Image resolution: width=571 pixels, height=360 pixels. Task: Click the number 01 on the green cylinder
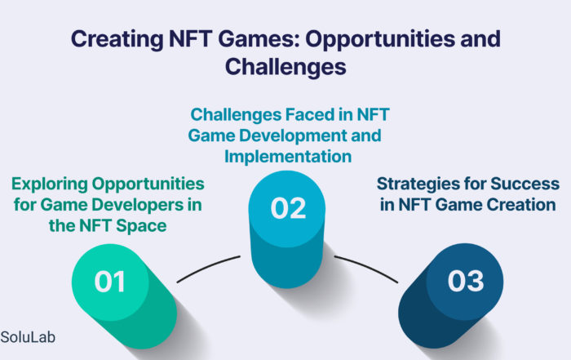[x=109, y=282]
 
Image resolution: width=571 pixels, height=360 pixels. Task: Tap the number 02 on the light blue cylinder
[x=288, y=208]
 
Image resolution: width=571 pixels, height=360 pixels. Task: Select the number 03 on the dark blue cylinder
[x=466, y=281]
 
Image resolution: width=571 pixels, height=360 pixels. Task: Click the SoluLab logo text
[x=28, y=337]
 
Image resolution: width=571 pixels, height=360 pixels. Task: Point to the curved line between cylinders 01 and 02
[x=207, y=267]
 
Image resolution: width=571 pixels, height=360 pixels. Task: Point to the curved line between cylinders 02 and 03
[x=367, y=268]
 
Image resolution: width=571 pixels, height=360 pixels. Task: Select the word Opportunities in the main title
[x=380, y=39]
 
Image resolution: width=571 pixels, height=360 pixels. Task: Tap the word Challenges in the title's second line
[x=285, y=67]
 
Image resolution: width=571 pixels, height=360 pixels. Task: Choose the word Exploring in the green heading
[x=50, y=184]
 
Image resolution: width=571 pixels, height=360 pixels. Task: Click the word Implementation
[x=288, y=157]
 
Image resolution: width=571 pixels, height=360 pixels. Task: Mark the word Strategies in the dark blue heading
[x=418, y=184]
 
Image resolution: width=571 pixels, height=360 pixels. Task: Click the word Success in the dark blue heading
[x=525, y=184]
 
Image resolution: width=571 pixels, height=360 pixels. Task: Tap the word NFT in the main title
[x=190, y=38]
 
